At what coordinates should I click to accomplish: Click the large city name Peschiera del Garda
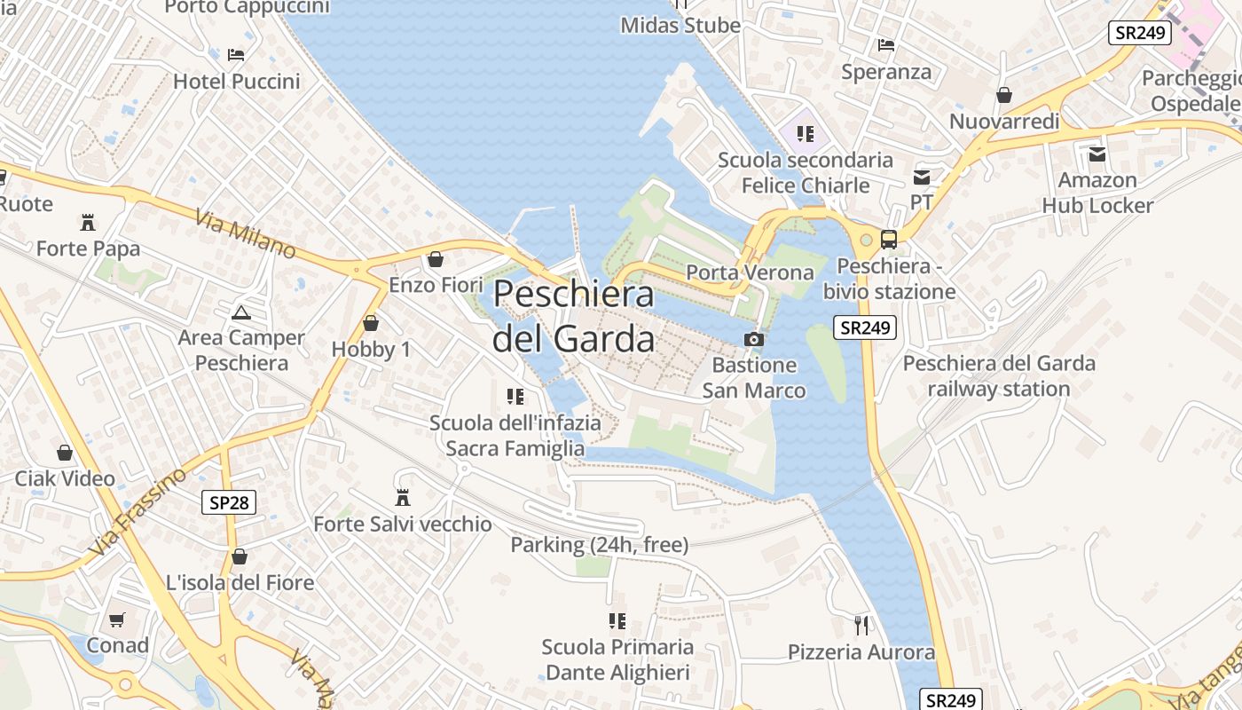tap(574, 316)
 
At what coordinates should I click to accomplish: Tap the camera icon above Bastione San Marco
tap(753, 339)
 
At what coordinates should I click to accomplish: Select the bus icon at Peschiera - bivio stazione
tap(888, 239)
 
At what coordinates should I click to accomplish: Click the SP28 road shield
tap(229, 503)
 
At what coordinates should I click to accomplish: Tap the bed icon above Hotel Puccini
tap(236, 55)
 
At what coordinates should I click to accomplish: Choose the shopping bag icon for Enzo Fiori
tap(436, 259)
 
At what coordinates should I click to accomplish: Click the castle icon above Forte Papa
tap(88, 222)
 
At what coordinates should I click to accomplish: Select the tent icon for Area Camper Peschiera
tap(240, 312)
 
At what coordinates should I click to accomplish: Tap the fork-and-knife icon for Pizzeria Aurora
tap(861, 626)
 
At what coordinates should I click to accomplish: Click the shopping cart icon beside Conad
tap(117, 619)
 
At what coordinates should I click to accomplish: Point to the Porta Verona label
tap(751, 272)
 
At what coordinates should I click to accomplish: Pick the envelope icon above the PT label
tap(922, 177)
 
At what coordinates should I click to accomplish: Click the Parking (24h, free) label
tap(599, 545)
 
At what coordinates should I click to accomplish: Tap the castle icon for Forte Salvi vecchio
tap(403, 497)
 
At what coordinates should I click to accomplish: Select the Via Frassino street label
tap(138, 512)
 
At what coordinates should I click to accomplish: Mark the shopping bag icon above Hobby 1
tap(371, 323)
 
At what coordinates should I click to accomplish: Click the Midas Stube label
tap(680, 26)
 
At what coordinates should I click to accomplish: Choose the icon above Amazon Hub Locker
tap(1097, 154)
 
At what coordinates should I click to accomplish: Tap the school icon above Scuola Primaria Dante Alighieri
tap(617, 620)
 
